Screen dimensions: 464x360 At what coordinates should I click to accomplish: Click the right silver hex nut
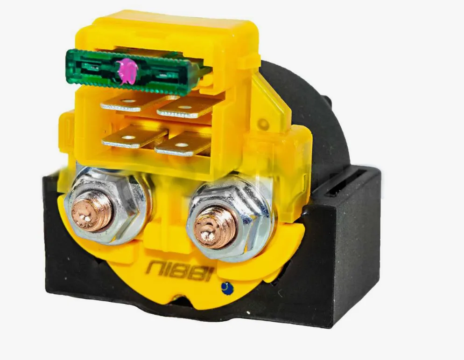(229, 220)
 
